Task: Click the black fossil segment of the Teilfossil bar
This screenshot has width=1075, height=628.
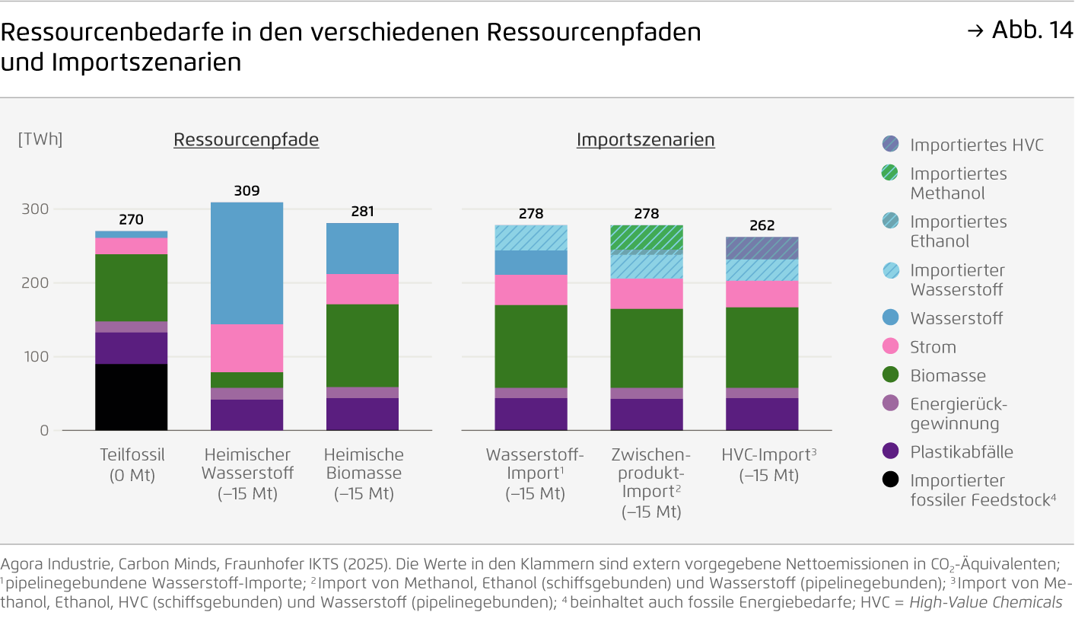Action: (x=131, y=397)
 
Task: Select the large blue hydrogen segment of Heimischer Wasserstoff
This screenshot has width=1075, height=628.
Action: (x=246, y=263)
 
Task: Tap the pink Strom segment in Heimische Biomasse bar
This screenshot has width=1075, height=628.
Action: (x=362, y=288)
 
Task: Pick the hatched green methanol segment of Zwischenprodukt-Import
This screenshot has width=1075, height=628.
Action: (x=646, y=237)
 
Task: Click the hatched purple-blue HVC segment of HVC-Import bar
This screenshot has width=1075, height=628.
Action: (x=762, y=248)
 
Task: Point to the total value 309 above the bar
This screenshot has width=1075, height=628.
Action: (x=246, y=190)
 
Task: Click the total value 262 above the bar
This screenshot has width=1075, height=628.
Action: (x=762, y=225)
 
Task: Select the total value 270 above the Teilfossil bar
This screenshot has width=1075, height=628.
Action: (x=131, y=220)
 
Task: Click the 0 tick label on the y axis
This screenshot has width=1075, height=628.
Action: (x=44, y=430)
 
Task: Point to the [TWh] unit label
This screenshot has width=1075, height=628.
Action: (x=40, y=139)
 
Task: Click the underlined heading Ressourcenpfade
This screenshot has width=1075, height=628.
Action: (x=246, y=140)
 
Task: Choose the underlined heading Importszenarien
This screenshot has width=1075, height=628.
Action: (x=645, y=140)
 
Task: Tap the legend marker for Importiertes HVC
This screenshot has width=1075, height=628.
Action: (x=891, y=145)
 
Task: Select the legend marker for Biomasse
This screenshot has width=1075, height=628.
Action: (x=891, y=375)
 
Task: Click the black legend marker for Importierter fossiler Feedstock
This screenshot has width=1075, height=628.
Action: (x=891, y=480)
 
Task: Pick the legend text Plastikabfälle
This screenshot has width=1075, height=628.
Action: (x=962, y=452)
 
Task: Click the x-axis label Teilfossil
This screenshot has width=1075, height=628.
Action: (x=132, y=455)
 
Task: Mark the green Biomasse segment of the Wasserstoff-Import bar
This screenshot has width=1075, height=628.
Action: (x=530, y=346)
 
